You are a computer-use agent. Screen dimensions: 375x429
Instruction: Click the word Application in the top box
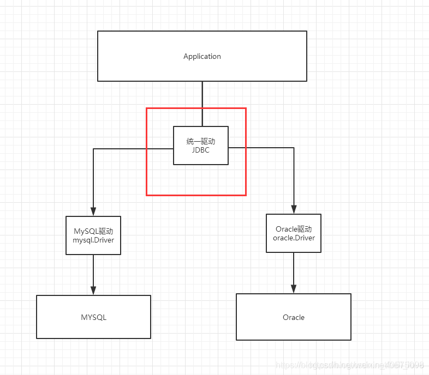point(202,57)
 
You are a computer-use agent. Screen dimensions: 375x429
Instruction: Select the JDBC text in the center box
point(201,150)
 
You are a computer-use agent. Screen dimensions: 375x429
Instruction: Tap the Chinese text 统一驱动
point(200,142)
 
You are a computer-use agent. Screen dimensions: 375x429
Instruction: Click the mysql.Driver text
point(93,239)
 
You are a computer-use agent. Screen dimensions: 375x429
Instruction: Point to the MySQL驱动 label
point(93,231)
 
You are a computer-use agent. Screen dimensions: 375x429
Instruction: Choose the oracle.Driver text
point(294,238)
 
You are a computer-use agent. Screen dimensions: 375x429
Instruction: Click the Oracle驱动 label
point(294,229)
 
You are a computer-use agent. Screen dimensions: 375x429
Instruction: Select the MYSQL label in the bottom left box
point(93,317)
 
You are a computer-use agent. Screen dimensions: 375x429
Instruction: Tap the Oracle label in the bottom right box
point(294,317)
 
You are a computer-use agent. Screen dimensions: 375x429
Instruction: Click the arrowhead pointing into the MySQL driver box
point(93,212)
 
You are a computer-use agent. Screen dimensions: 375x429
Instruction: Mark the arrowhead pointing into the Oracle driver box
point(294,209)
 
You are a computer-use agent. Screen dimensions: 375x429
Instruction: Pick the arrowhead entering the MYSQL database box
point(93,291)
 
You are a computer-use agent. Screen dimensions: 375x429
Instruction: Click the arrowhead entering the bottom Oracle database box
point(294,289)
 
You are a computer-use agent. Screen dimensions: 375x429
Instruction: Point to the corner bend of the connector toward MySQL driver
point(93,149)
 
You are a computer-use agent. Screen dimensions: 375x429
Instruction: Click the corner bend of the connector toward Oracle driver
point(294,148)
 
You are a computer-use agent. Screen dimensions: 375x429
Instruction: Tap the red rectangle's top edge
point(196,108)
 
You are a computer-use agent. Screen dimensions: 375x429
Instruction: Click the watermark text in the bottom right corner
point(349,364)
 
